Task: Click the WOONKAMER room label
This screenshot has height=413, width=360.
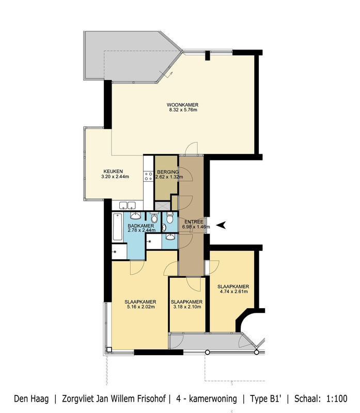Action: [x=182, y=105]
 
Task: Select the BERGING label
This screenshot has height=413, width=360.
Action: [x=168, y=172]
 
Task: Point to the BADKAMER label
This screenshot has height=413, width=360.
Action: [x=140, y=226]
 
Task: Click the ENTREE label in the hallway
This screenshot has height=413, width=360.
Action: [x=194, y=222]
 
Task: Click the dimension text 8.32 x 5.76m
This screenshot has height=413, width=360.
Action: [x=183, y=110]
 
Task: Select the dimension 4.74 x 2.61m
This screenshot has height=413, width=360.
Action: [x=234, y=292]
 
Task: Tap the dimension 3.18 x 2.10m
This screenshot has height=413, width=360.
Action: [x=187, y=307]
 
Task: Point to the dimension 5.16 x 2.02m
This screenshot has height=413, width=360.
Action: [x=140, y=307]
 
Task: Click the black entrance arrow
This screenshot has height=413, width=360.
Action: [x=221, y=225]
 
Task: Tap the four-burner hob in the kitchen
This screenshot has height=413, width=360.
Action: [x=148, y=176]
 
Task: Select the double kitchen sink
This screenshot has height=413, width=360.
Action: [x=127, y=205]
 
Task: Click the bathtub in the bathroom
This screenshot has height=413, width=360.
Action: [x=118, y=227]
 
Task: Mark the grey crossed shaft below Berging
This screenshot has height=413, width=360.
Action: [x=163, y=205]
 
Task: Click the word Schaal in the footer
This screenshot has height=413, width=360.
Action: [x=307, y=399]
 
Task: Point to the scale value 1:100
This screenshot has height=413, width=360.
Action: [x=337, y=399]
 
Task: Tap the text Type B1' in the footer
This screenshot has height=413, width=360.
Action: [x=266, y=399]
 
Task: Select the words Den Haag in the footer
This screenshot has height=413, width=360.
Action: [x=32, y=399]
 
